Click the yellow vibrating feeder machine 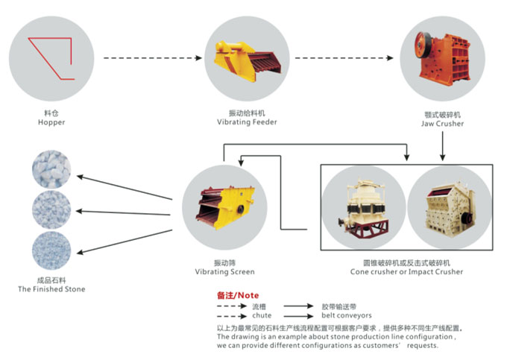(x=243, y=60)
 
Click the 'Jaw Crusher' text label (x=442, y=124)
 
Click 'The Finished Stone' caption (x=51, y=289)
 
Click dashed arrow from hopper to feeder (x=152, y=57)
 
